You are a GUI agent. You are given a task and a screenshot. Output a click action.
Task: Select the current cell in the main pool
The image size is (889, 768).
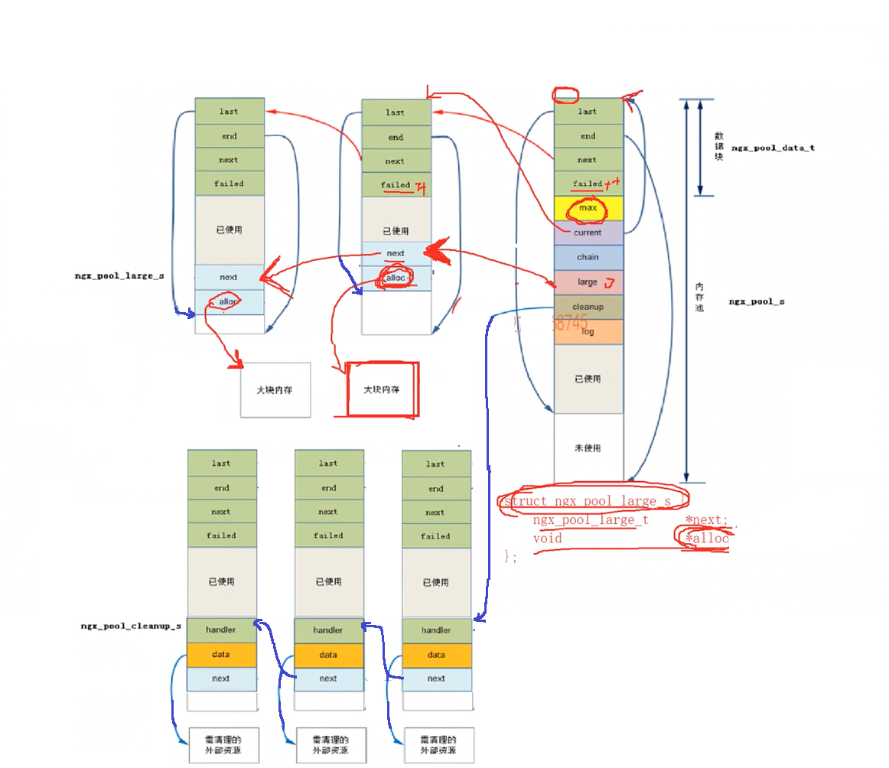click(x=588, y=233)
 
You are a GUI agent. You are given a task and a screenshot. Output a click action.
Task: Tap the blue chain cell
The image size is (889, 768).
click(x=588, y=257)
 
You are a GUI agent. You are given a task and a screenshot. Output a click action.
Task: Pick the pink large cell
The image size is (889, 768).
click(x=588, y=282)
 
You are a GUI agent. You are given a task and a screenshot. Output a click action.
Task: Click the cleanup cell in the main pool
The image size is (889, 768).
click(x=588, y=307)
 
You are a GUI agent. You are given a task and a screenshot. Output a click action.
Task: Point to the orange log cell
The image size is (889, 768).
click(x=588, y=331)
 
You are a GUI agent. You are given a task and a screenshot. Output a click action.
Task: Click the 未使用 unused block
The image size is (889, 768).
click(x=588, y=448)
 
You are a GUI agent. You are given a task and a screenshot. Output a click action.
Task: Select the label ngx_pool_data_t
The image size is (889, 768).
click(x=773, y=147)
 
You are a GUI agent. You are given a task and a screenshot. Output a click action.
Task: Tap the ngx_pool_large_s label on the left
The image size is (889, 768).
click(x=119, y=275)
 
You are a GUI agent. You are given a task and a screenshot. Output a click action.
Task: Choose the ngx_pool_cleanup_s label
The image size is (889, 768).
click(x=131, y=626)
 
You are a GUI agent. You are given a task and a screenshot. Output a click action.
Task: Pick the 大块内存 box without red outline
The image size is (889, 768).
click(x=275, y=389)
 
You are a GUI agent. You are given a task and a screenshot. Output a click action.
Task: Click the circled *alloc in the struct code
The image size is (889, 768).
click(x=706, y=539)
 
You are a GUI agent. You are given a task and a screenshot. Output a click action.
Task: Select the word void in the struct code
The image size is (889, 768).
click(x=548, y=539)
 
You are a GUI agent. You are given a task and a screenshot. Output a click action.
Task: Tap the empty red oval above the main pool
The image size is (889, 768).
click(x=565, y=96)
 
